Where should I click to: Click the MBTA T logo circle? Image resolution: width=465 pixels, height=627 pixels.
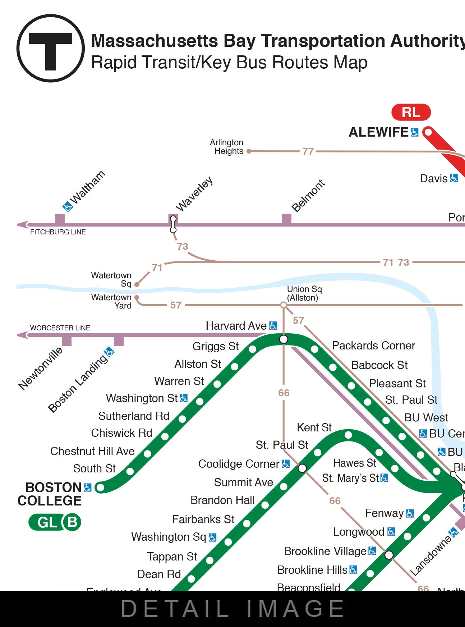point(50,48)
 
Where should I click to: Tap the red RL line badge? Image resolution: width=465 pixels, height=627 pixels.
point(411,112)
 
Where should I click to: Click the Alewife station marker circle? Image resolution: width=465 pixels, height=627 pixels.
point(428,132)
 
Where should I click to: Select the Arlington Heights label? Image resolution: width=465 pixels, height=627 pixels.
point(227,147)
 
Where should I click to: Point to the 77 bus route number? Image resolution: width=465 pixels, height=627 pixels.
point(308,152)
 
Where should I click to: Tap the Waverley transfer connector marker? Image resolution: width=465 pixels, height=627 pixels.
point(173,224)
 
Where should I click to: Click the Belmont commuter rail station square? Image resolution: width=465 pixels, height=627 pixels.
point(286,219)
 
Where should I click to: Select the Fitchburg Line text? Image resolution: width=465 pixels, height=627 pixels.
point(58,232)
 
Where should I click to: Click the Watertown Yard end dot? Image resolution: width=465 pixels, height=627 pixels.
point(137,298)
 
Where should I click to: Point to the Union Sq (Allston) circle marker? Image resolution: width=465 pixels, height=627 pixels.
point(284,305)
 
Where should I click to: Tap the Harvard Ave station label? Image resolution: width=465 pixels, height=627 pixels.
point(236,326)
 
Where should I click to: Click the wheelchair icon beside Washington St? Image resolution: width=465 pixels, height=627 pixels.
point(184,398)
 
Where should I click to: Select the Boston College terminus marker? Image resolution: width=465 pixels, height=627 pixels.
point(101,488)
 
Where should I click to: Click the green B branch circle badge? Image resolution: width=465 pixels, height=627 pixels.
point(72,522)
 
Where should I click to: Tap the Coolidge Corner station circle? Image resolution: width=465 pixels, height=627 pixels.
point(302,468)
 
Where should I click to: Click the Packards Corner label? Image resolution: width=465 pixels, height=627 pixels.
point(373,345)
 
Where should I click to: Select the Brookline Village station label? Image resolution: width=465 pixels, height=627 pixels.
point(325,551)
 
